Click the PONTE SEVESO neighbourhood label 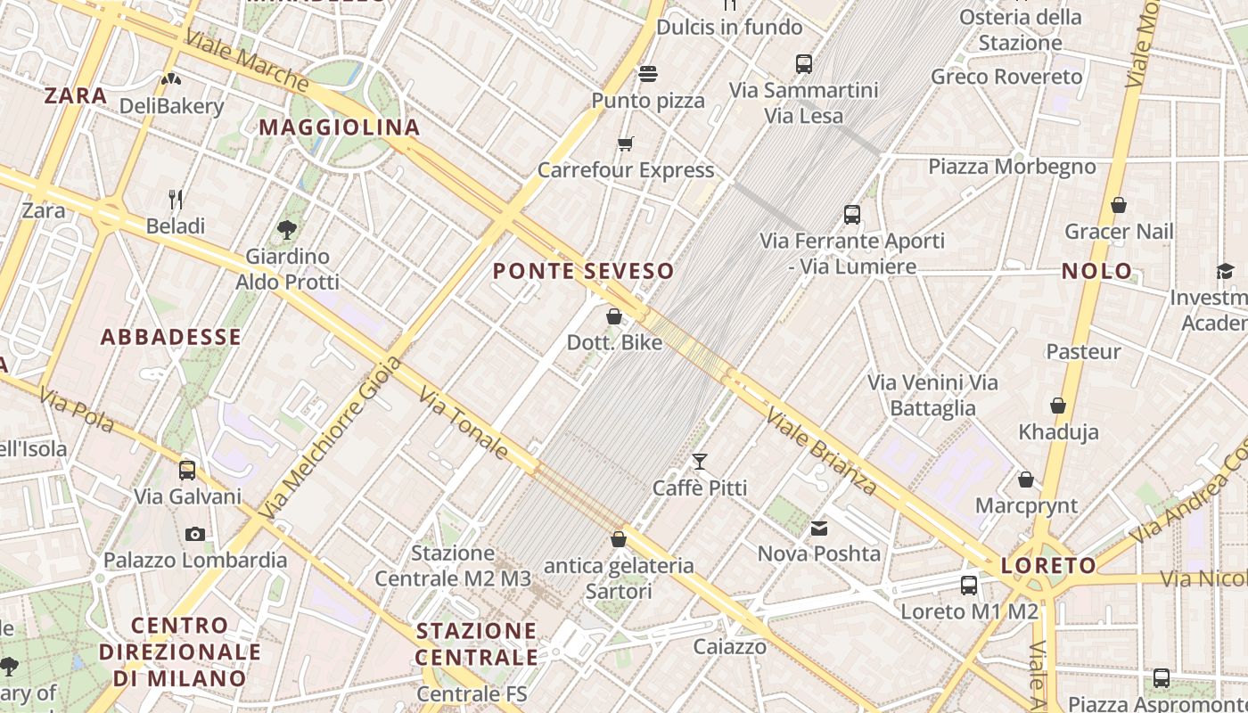pyautogui.click(x=583, y=271)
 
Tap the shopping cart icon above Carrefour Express pyautogui.click(x=626, y=143)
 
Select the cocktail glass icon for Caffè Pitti pyautogui.click(x=700, y=461)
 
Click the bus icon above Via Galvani pyautogui.click(x=187, y=470)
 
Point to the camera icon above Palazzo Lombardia pyautogui.click(x=194, y=534)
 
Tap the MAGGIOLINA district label pyautogui.click(x=340, y=127)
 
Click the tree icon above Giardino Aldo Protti pyautogui.click(x=287, y=230)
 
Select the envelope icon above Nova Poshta pyautogui.click(x=819, y=529)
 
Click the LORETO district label pyautogui.click(x=1048, y=565)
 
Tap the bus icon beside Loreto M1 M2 pyautogui.click(x=969, y=586)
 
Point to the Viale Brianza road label pyautogui.click(x=822, y=453)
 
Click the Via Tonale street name pyautogui.click(x=464, y=424)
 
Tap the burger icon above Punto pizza pyautogui.click(x=648, y=73)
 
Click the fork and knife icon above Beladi pyautogui.click(x=176, y=199)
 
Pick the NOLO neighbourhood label pyautogui.click(x=1096, y=271)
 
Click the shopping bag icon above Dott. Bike pyautogui.click(x=614, y=316)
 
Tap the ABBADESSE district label pyautogui.click(x=171, y=337)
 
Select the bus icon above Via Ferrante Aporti pyautogui.click(x=852, y=214)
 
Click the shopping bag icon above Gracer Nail pyautogui.click(x=1119, y=205)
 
